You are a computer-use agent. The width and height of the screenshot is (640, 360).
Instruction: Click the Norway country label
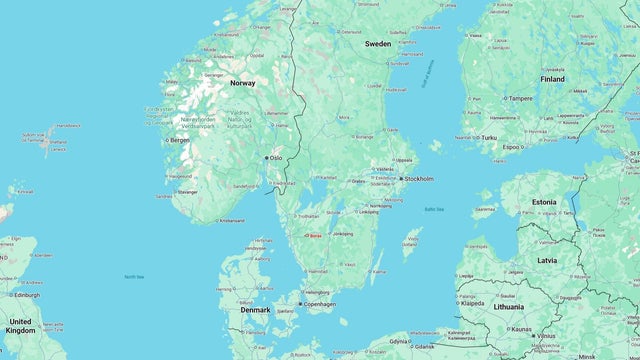(243, 83)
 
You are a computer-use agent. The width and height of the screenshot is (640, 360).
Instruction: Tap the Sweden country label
(378, 44)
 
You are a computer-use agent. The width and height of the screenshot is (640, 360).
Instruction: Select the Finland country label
(552, 78)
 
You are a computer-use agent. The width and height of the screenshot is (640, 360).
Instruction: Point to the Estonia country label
(544, 202)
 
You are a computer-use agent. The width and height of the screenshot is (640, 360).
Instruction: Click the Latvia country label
(547, 260)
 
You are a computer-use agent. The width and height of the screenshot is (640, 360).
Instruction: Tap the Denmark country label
(254, 310)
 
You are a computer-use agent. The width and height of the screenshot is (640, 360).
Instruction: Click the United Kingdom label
(20, 326)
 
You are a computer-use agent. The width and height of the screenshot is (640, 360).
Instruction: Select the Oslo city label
(276, 158)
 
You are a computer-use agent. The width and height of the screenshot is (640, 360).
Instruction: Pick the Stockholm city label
(417, 179)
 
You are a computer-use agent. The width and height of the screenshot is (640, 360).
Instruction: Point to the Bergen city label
(180, 140)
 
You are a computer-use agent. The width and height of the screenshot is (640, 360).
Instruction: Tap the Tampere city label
(520, 99)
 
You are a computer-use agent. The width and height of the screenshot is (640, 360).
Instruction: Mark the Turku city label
(489, 137)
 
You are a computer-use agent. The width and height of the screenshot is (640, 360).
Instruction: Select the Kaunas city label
(520, 328)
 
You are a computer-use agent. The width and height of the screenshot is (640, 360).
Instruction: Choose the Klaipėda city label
(473, 303)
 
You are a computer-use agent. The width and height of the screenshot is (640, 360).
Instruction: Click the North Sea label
(134, 277)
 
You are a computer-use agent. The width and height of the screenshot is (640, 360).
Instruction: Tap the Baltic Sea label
(434, 209)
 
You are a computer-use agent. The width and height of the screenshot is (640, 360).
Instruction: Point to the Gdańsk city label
(424, 346)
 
